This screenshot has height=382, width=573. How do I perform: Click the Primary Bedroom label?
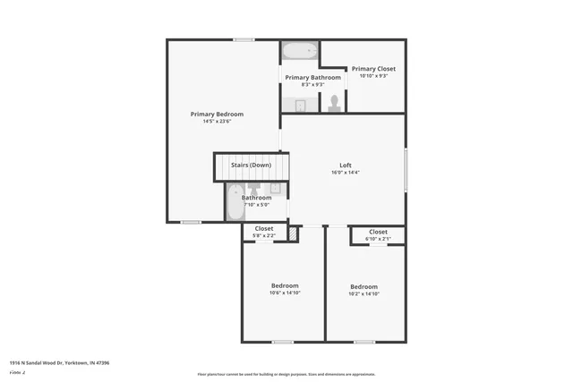pyautogui.click(x=217, y=114)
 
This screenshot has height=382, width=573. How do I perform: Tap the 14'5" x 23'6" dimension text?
pyautogui.click(x=217, y=122)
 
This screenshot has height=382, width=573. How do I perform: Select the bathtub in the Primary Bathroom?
pyautogui.click(x=299, y=51)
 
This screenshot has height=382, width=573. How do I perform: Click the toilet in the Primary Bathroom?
pyautogui.click(x=334, y=103)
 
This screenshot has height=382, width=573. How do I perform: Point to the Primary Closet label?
pyautogui.click(x=373, y=68)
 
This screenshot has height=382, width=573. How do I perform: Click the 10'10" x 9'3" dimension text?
pyautogui.click(x=373, y=76)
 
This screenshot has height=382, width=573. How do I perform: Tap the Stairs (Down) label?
pyautogui.click(x=251, y=166)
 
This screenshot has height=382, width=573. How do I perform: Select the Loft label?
pyautogui.click(x=345, y=165)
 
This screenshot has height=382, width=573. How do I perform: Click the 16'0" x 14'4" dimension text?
pyautogui.click(x=345, y=173)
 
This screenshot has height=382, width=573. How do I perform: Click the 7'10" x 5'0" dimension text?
pyautogui.click(x=255, y=205)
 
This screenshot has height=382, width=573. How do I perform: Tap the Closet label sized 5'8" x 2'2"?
pyautogui.click(x=264, y=228)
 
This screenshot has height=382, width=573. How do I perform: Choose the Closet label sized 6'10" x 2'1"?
pyautogui.click(x=378, y=232)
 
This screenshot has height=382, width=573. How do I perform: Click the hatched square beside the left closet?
pyautogui.click(x=292, y=233)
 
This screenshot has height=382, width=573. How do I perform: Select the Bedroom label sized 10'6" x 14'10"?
pyautogui.click(x=284, y=285)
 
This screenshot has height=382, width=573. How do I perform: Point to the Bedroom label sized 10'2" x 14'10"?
pyautogui.click(x=364, y=286)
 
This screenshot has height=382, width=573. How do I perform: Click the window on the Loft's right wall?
pyautogui.click(x=406, y=169)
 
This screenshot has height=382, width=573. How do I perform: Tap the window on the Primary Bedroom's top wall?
pyautogui.click(x=244, y=39)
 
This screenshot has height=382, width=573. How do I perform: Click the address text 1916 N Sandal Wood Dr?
pyautogui.click(x=59, y=362)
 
